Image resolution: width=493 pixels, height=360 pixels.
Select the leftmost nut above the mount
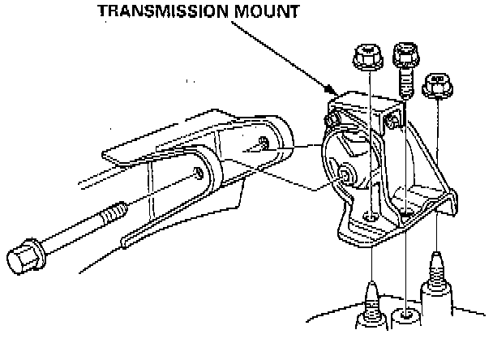click(x=368, y=58)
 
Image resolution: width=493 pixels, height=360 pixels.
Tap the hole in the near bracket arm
click(x=199, y=173)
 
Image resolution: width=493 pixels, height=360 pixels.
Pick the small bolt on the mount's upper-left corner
click(x=329, y=119)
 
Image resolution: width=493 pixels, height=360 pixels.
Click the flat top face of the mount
click(x=361, y=101)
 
